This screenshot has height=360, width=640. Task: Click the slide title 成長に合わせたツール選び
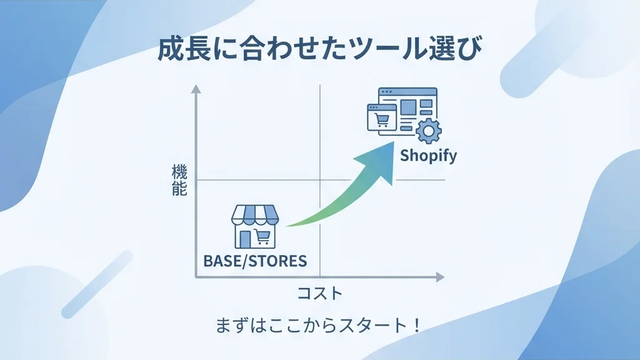click(319, 49)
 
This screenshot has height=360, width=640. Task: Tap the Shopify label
click(428, 156)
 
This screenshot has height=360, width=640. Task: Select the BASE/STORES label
click(255, 261)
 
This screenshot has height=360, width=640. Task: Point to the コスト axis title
click(320, 293)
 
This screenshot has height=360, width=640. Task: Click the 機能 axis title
click(179, 180)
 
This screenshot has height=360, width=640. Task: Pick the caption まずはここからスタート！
click(317, 325)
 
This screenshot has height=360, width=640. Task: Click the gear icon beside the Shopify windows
click(428, 131)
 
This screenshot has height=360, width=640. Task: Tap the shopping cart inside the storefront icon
click(262, 237)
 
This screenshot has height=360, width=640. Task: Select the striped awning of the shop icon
click(255, 215)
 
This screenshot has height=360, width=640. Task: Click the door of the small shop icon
click(245, 239)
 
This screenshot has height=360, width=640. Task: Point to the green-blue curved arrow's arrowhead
click(379, 162)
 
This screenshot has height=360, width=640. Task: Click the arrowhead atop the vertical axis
click(196, 89)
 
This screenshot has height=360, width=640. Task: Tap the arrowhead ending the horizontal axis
click(440, 277)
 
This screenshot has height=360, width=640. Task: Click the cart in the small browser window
click(382, 120)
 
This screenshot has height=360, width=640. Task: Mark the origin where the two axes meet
click(196, 277)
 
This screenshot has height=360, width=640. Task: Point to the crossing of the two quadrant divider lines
click(320, 180)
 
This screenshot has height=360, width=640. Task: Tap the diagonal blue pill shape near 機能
click(97, 284)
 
